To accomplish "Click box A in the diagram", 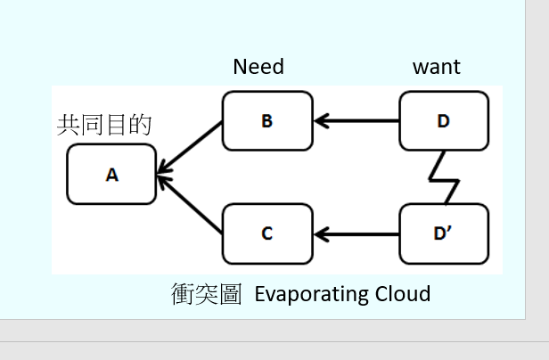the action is pyautogui.click(x=111, y=174).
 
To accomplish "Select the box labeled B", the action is pyautogui.click(x=267, y=121).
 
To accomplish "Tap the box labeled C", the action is pyautogui.click(x=267, y=233).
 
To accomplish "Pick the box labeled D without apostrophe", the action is pyautogui.click(x=444, y=121).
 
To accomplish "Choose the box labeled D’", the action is pyautogui.click(x=444, y=233).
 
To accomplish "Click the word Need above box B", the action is pyautogui.click(x=258, y=67).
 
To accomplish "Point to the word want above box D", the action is pyautogui.click(x=437, y=67).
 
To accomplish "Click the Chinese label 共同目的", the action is pyautogui.click(x=104, y=125).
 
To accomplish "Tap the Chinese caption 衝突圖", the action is pyautogui.click(x=206, y=294).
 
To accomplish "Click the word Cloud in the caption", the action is pyautogui.click(x=403, y=294).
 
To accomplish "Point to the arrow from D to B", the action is pyautogui.click(x=356, y=121).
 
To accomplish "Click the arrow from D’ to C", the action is pyautogui.click(x=356, y=234).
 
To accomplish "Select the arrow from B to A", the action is pyautogui.click(x=190, y=148).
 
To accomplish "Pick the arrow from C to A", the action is pyautogui.click(x=190, y=204).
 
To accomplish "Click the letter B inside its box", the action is pyautogui.click(x=267, y=121).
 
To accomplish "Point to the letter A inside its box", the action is pyautogui.click(x=112, y=175).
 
